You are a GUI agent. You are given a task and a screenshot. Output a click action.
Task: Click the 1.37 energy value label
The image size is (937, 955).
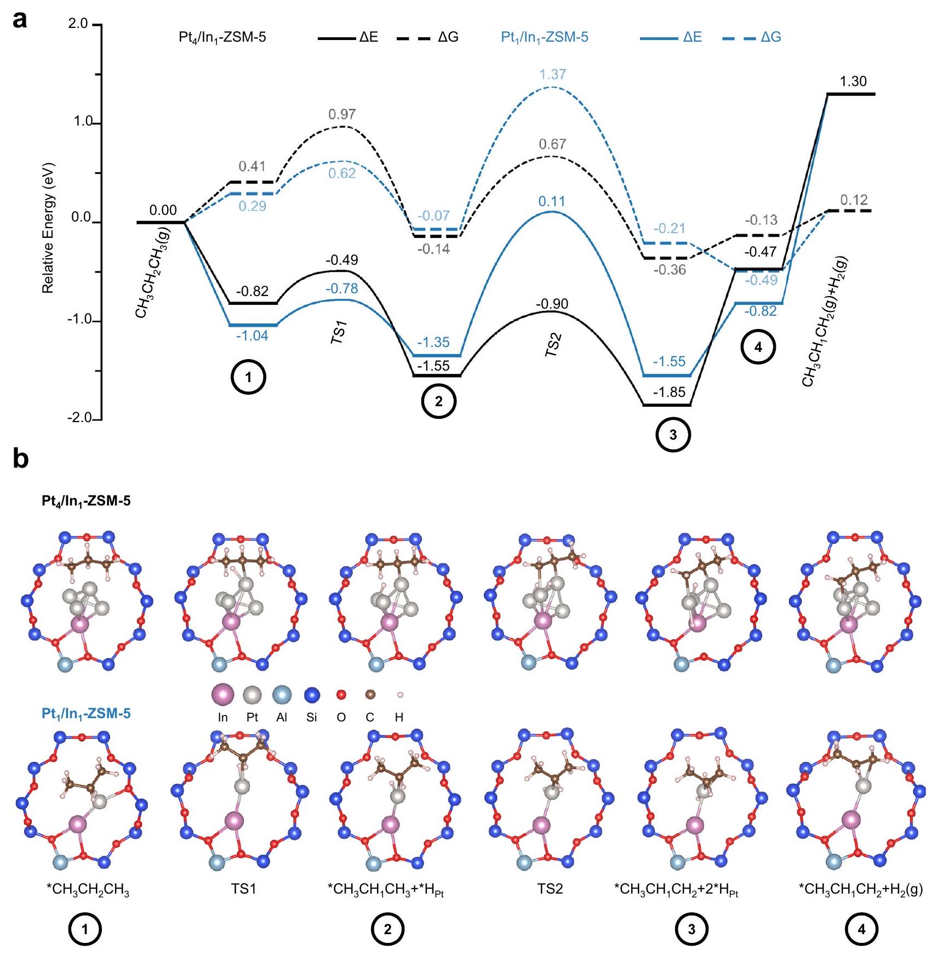coord(552,74)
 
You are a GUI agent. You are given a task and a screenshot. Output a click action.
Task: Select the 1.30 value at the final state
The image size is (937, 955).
coord(853,82)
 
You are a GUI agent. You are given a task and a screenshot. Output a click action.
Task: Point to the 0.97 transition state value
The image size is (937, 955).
coord(342,115)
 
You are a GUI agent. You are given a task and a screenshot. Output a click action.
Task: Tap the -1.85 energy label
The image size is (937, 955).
coord(669,392)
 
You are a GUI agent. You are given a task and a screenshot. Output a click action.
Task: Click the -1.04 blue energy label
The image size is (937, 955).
coord(252,336)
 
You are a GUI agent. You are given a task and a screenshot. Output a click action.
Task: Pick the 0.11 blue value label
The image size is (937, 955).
coord(551,202)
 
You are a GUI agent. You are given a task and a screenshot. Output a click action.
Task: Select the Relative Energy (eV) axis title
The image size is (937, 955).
coord(48,228)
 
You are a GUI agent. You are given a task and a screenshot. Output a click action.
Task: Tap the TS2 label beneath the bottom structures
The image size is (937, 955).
coord(550,889)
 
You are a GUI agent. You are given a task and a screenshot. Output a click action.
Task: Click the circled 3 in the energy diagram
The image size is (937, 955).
coord(673,435)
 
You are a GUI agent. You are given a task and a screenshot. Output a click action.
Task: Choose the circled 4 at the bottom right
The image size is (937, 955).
coord(861,929)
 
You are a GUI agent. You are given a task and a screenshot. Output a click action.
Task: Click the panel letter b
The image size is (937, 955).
coord(20,459)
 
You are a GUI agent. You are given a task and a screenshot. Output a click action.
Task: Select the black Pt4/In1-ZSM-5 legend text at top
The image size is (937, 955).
coord(222,37)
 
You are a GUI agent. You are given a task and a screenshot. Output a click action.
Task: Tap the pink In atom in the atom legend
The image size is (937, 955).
coord(222,695)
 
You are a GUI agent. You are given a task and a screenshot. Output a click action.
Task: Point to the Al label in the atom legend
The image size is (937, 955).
coord(282,718)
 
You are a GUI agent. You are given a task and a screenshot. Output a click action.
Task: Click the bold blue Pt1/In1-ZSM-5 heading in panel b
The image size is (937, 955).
coord(86,714)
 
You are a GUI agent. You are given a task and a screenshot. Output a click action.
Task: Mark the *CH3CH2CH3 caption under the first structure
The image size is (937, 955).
coord(88,889)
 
